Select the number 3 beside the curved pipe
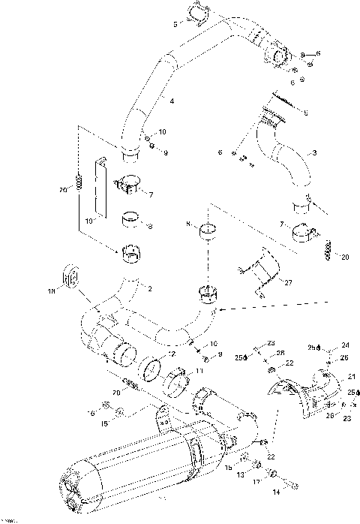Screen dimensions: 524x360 tap(313, 153)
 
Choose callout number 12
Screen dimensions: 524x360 tap(171, 354)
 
